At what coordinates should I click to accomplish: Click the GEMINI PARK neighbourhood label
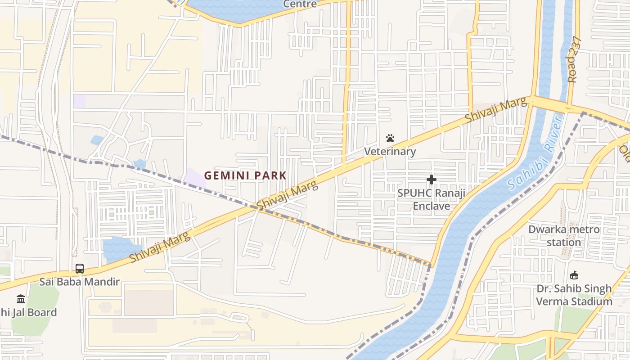click(x=245, y=175)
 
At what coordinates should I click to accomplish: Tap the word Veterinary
click(x=390, y=151)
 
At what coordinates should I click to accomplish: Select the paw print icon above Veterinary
click(x=390, y=138)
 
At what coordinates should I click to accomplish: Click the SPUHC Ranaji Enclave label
click(x=432, y=199)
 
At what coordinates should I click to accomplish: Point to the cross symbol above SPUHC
click(x=432, y=180)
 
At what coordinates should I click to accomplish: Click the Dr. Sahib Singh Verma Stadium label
click(x=574, y=295)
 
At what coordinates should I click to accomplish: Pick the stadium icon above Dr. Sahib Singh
click(x=574, y=275)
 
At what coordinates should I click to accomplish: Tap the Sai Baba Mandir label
click(x=79, y=282)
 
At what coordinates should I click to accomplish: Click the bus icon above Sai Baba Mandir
click(x=80, y=269)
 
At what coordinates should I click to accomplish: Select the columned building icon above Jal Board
click(x=21, y=299)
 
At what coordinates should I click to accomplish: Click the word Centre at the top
click(x=300, y=4)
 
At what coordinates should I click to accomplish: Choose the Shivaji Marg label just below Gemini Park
click(x=287, y=195)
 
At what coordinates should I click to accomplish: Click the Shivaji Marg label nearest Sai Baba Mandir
click(x=160, y=244)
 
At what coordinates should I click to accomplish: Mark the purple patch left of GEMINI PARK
click(x=194, y=177)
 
